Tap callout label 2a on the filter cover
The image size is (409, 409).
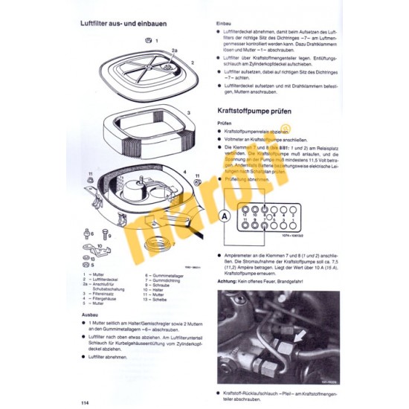click(x=173, y=51)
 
